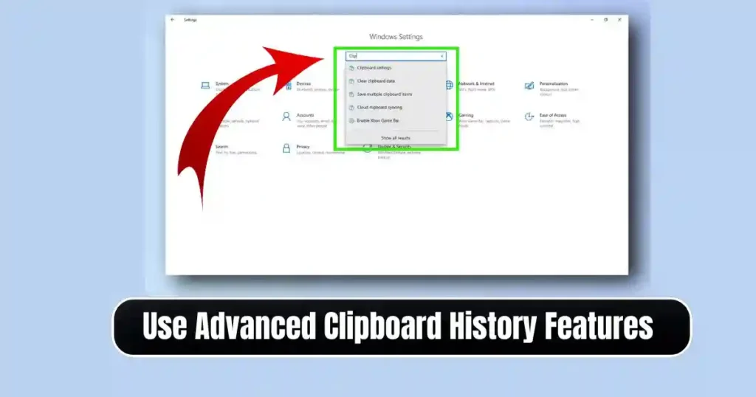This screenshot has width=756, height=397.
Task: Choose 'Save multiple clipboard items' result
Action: pos(384,94)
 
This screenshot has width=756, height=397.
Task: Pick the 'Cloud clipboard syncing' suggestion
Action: pos(379,108)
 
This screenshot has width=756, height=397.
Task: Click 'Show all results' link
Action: pos(396,138)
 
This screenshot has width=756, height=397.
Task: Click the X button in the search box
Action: pos(442,55)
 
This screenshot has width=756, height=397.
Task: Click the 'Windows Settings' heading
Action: pos(396,37)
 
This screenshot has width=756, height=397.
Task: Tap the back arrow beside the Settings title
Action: pos(173,20)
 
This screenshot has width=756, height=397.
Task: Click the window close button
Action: pos(619,20)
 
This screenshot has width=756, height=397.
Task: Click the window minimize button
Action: pos(590,20)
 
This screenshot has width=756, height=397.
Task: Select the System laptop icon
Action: pos(206,86)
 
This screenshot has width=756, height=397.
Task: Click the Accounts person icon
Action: pos(286,117)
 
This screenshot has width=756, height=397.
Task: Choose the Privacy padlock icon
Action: pos(286,148)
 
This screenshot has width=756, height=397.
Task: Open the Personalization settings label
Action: pos(553,84)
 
